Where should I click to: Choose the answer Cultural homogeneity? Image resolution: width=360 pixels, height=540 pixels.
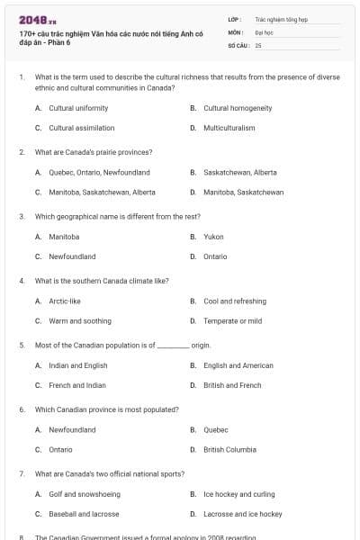[238, 108]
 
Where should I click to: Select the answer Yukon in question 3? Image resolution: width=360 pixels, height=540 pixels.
[213, 237]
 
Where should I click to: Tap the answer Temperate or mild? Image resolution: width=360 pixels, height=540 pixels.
[232, 320]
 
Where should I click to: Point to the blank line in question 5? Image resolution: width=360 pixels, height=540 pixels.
[173, 346]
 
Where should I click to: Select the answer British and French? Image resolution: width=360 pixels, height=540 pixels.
[232, 385]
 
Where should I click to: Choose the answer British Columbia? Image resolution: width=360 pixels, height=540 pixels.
[229, 449]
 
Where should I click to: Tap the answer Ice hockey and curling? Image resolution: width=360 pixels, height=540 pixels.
[238, 494]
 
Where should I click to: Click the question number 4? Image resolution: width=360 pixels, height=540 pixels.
[22, 281]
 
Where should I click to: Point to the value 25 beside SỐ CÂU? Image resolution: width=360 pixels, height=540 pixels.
[258, 44]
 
